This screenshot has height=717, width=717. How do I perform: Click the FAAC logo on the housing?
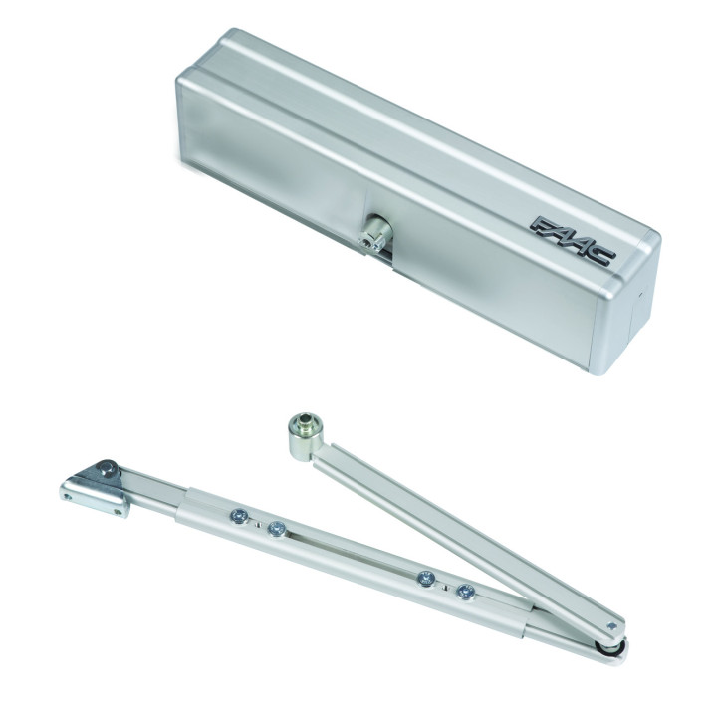click(x=573, y=241)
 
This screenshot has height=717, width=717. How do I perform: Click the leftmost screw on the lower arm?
click(x=239, y=516)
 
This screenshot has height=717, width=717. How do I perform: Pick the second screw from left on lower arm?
click(x=276, y=529)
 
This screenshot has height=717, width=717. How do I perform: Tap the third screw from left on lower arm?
click(x=426, y=579)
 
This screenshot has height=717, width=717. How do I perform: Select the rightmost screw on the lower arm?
click(x=466, y=592)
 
